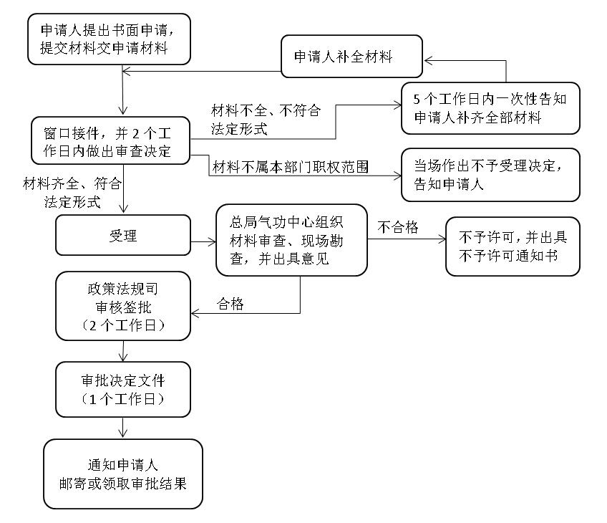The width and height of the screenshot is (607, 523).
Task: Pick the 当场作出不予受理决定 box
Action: click(490, 174)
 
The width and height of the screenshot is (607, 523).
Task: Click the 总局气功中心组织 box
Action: click(291, 240)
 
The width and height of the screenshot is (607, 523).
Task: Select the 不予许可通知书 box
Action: click(512, 246)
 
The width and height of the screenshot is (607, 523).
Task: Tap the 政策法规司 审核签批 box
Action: click(122, 306)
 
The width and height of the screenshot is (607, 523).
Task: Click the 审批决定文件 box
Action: click(122, 390)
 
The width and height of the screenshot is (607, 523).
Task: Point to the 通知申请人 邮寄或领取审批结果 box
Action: click(122, 474)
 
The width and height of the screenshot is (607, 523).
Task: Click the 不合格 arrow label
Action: click(398, 228)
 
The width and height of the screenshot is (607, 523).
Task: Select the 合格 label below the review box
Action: click(230, 304)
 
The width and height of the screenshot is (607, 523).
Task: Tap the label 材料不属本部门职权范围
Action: click(290, 168)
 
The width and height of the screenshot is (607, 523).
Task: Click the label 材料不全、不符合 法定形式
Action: click(265, 120)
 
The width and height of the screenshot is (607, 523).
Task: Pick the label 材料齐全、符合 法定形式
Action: click(72, 193)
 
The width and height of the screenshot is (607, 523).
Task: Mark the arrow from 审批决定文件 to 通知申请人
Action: click(124, 427)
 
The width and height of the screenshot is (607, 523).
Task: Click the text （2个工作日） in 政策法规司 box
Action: click(123, 325)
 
